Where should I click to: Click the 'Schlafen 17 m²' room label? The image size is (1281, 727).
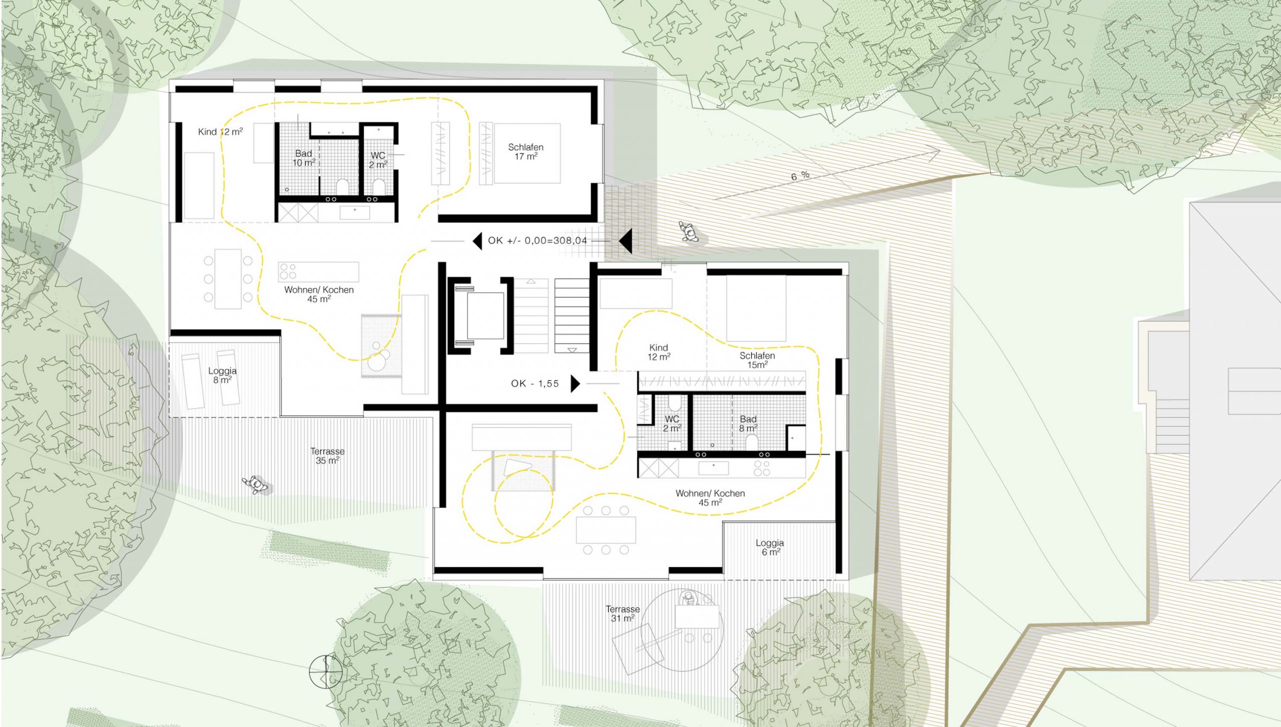pyautogui.click(x=525, y=152)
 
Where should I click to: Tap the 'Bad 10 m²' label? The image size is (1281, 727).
pyautogui.click(x=304, y=158)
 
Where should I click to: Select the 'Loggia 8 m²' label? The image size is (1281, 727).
pyautogui.click(x=222, y=376)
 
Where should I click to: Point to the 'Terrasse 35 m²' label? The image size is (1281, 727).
pyautogui.click(x=327, y=456)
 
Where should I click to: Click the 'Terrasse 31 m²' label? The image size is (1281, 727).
pyautogui.click(x=622, y=614)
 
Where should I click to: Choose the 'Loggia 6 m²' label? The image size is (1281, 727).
pyautogui.click(x=770, y=547)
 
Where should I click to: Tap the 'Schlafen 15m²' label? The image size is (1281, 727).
pyautogui.click(x=757, y=360)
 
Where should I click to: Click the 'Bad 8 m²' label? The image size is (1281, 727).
pyautogui.click(x=748, y=424)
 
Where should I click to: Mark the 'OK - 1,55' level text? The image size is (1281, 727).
pyautogui.click(x=535, y=384)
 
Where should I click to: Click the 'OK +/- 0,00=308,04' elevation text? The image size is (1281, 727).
pyautogui.click(x=537, y=240)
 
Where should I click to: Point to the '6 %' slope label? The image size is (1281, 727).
pyautogui.click(x=800, y=176)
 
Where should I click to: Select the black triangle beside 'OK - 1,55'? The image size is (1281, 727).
pyautogui.click(x=575, y=384)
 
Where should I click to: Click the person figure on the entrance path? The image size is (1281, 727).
pyautogui.click(x=690, y=232)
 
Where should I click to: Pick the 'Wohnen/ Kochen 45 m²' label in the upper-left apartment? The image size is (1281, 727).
pyautogui.click(x=319, y=294)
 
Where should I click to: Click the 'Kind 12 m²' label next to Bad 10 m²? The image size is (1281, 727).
pyautogui.click(x=220, y=132)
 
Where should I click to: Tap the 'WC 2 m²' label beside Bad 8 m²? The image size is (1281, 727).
pyautogui.click(x=672, y=424)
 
